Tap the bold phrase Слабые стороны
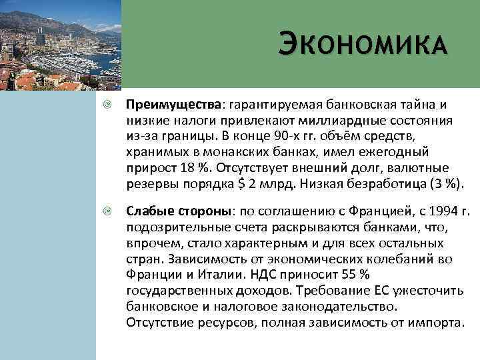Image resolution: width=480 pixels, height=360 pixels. coord(179,211)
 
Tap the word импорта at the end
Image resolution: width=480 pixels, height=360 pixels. coord(437,322)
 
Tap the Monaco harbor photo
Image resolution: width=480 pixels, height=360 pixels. coord(61,45)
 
